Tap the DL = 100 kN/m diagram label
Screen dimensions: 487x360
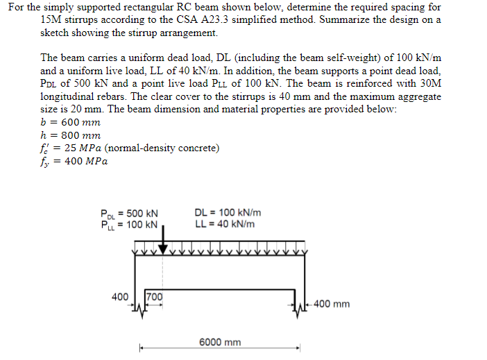click(228, 213)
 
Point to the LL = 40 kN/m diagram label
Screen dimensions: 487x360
click(225, 223)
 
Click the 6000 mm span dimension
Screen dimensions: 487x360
click(220, 342)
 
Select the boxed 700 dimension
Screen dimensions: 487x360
click(154, 297)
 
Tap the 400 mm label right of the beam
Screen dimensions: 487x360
click(332, 304)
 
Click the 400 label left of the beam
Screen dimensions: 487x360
click(120, 297)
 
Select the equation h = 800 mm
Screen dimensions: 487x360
click(70, 135)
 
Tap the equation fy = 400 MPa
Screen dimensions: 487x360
click(74, 162)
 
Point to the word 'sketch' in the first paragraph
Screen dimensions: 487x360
click(58, 33)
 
